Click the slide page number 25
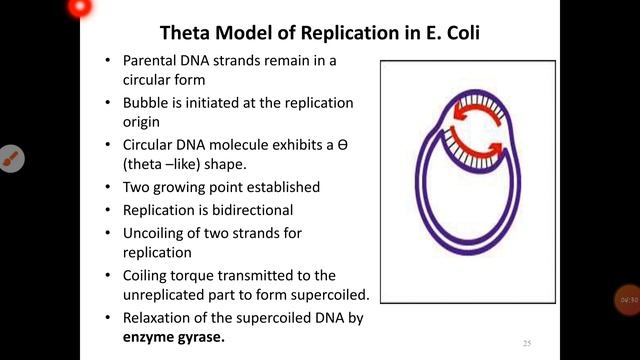pos(527,343)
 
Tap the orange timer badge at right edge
pos(627,300)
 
